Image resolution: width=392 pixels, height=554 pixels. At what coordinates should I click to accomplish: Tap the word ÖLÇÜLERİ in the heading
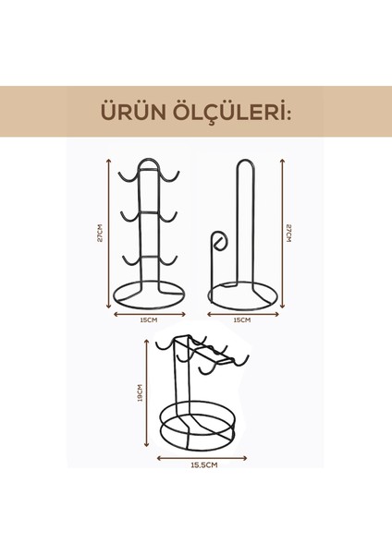pos(235,114)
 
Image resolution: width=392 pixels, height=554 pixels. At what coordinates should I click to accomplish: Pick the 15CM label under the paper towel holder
pos(241,320)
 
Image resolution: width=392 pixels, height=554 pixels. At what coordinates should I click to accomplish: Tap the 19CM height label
pos(140,394)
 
